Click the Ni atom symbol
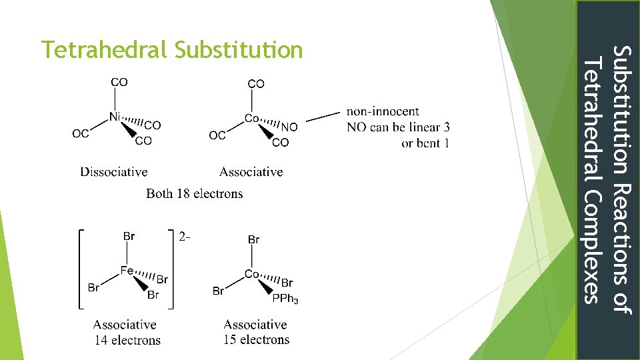pyautogui.click(x=115, y=117)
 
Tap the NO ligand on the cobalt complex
pyautogui.click(x=289, y=127)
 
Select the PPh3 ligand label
pyautogui.click(x=285, y=299)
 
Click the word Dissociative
pyautogui.click(x=113, y=172)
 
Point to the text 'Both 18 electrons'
pyautogui.click(x=194, y=194)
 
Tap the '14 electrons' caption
pyautogui.click(x=127, y=340)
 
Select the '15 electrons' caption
pyautogui.click(x=257, y=339)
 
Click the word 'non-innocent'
pyautogui.click(x=383, y=111)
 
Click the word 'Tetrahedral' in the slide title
pyautogui.click(x=103, y=50)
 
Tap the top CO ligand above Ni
pyautogui.click(x=119, y=82)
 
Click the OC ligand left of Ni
pyautogui.click(x=81, y=133)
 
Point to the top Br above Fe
pyautogui.click(x=129, y=235)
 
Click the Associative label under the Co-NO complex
pyautogui.click(x=251, y=172)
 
